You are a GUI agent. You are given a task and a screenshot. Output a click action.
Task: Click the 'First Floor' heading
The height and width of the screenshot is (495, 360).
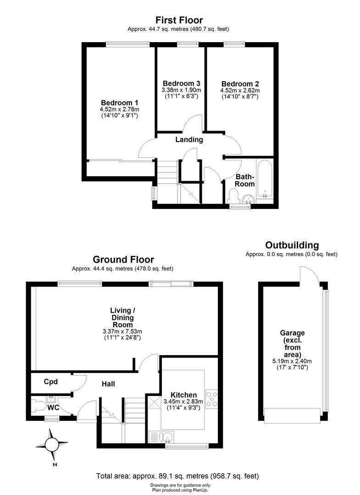(179, 20)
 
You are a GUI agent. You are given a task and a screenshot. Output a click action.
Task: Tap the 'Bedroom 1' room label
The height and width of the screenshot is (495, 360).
(120, 103)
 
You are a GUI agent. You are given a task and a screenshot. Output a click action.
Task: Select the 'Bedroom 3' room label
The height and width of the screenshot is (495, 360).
(181, 83)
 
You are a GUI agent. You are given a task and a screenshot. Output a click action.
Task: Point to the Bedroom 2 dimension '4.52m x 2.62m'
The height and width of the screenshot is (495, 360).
(240, 90)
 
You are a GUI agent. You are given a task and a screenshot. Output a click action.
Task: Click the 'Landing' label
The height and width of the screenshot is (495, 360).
(189, 140)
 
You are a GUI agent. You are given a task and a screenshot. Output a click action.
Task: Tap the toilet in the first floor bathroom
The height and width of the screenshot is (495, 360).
(233, 197)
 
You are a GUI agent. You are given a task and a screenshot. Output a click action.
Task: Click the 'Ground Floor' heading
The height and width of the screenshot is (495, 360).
(123, 260)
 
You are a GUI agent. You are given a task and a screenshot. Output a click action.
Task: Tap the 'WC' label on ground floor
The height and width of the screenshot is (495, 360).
(54, 407)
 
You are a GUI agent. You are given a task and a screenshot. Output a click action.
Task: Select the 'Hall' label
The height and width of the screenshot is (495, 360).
(108, 384)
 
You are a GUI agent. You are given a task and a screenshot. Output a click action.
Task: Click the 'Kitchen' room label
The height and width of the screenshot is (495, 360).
(183, 395)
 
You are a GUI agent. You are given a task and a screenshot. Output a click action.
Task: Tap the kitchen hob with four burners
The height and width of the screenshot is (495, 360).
(212, 399)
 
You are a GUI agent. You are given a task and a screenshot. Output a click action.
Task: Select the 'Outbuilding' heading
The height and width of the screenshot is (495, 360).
(292, 245)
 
